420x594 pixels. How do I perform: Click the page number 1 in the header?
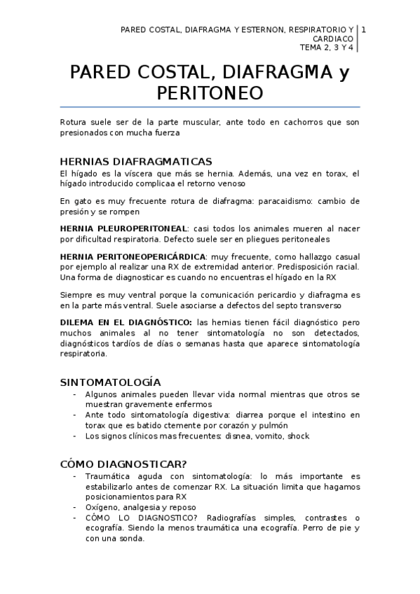pos(363,30)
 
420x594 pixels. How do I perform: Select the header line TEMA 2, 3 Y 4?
pos(326,48)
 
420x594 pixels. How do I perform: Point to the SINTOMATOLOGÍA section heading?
pos(111,382)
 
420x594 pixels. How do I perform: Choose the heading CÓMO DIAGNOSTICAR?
pos(123,463)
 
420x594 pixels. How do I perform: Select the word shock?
pos(298,436)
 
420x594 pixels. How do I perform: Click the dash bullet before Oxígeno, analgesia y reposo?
pos(75,507)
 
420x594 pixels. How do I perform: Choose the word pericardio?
pos(276,296)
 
